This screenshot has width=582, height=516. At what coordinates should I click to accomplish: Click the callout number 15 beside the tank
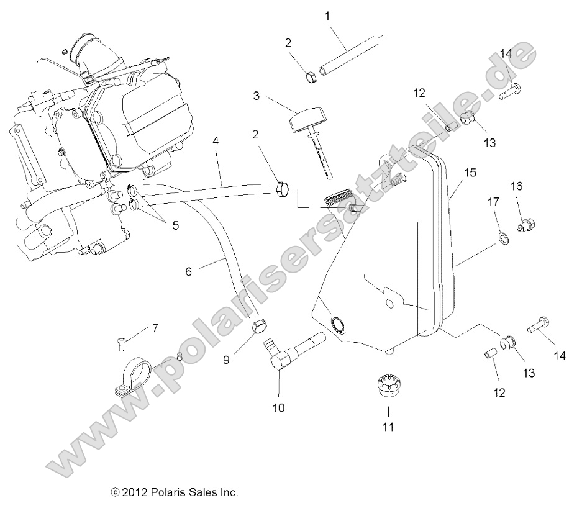[x=470, y=172]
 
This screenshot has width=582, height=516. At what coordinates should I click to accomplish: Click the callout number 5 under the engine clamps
[x=175, y=225]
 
